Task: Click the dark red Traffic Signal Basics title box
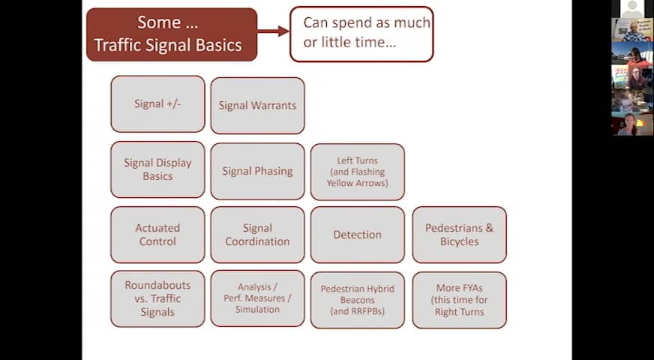coord(172,34)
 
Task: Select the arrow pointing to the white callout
coord(273,31)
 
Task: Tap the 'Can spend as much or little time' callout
coord(361,34)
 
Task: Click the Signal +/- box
coord(157,103)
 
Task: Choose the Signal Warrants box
coord(257,106)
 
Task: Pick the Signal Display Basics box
coord(157,169)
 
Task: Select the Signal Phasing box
coord(257,172)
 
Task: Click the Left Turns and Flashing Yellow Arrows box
coord(358,172)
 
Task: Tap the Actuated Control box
coord(157,235)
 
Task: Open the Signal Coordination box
coord(257,235)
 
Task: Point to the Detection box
coord(358,235)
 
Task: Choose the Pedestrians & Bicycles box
coord(459,235)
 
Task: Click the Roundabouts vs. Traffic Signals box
coord(157,298)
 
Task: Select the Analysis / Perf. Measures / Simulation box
coord(257,298)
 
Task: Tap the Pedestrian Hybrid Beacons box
coord(358,300)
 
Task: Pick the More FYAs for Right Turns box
coord(459,300)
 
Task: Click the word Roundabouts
coord(157,285)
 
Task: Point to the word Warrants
coord(275,106)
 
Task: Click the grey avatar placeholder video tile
coord(632,9)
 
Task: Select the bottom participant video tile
coord(632,124)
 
